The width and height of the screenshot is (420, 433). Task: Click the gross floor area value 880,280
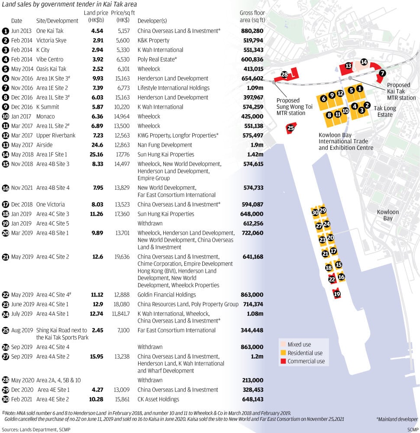pyautogui.click(x=252, y=31)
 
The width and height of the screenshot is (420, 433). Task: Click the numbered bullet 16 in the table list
pyautogui.click(x=6, y=188)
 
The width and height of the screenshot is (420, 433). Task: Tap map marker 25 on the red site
pyautogui.click(x=291, y=128)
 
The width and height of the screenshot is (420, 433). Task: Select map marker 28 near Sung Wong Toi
pyautogui.click(x=284, y=74)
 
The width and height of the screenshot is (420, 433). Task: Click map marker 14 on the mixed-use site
pyautogui.click(x=364, y=62)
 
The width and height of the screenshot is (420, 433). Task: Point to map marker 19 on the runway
pyautogui.click(x=337, y=294)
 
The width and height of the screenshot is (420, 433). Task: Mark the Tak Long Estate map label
pyautogui.click(x=385, y=112)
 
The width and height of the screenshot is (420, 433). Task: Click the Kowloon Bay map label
pyautogui.click(x=388, y=215)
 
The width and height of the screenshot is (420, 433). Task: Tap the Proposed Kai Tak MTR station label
pyautogui.click(x=401, y=91)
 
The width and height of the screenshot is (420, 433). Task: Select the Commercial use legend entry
pyautogui.click(x=306, y=361)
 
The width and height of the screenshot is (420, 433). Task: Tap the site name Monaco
pyautogui.click(x=45, y=116)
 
